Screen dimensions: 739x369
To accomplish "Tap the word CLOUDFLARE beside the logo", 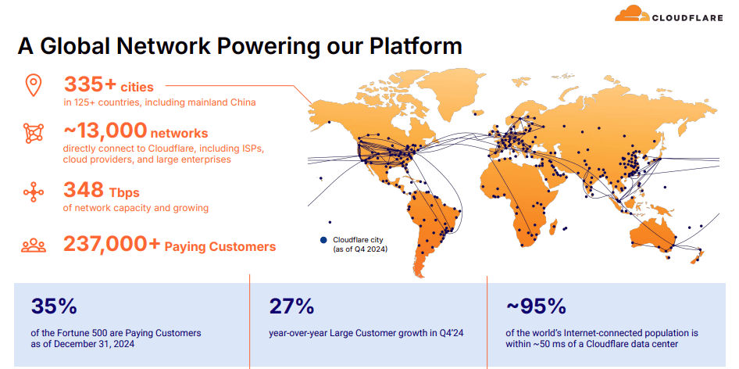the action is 687,18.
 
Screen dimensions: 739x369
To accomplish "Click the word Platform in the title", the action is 416,46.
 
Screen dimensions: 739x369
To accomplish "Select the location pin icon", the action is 34,86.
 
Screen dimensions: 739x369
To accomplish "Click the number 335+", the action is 90,85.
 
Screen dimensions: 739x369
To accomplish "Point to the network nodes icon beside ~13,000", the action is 34,133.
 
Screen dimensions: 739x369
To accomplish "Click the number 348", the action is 84,190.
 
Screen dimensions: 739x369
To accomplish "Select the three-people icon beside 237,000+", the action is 34,245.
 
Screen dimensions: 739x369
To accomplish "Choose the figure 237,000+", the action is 112,245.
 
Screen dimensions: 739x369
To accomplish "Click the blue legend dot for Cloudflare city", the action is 323,240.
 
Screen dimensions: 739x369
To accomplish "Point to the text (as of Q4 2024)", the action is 360,249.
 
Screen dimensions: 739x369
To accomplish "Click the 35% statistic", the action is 54,306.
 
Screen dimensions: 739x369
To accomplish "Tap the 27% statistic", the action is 291,306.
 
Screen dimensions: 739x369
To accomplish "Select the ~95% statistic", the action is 535,306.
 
